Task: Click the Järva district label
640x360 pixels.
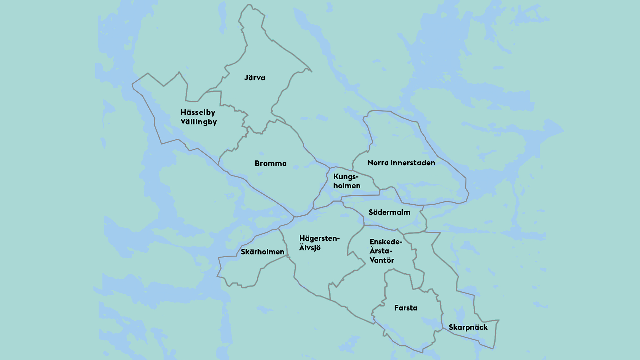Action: point(255,78)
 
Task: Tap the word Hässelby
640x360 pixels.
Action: point(198,113)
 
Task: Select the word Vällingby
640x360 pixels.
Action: point(199,122)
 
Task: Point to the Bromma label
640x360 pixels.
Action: point(271,164)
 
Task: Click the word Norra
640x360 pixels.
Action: point(378,163)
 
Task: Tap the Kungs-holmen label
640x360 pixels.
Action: point(347,181)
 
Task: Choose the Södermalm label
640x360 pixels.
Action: point(389,212)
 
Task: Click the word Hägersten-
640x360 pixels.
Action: point(319,239)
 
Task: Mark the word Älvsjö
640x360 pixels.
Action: point(310,248)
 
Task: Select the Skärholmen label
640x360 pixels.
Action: point(263,252)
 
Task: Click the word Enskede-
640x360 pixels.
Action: point(386,242)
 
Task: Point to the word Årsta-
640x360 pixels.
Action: point(381,251)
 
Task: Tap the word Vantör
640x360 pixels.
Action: point(382,260)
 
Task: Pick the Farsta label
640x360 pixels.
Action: point(406,308)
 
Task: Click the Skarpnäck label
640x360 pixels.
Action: point(468,327)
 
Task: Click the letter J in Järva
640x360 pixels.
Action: point(246,78)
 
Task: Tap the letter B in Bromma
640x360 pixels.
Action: point(257,164)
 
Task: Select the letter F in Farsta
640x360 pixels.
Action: point(396,308)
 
